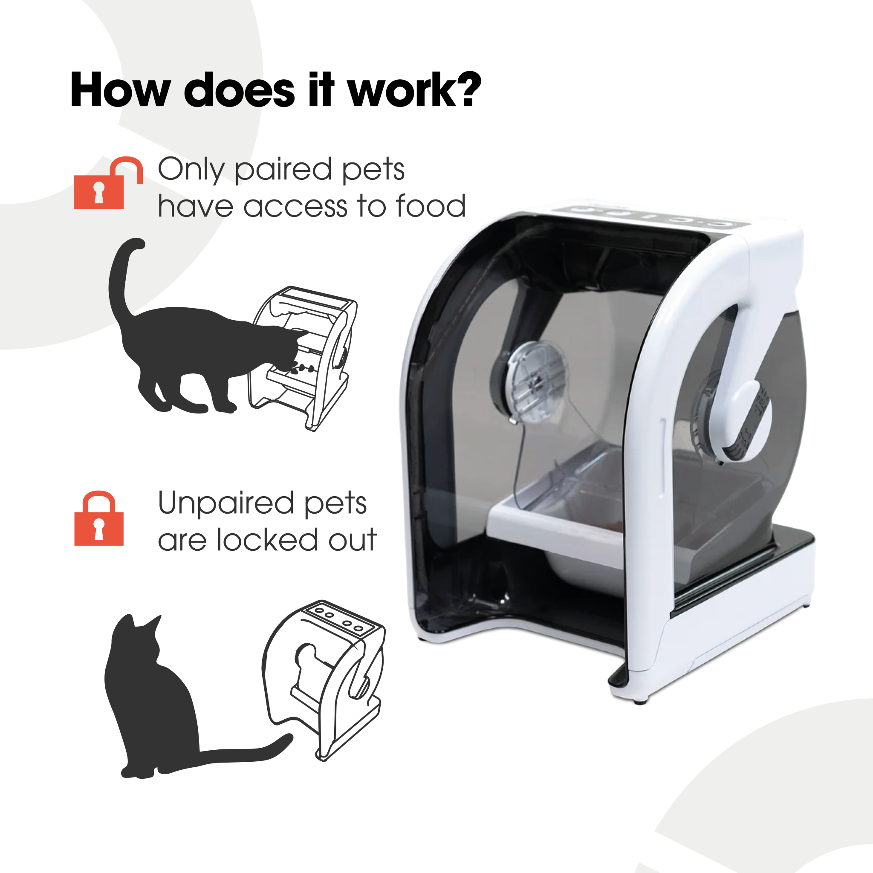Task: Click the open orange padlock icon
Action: click(x=108, y=182)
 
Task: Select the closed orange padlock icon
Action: click(x=99, y=518)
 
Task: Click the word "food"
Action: click(x=431, y=205)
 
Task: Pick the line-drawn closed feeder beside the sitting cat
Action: click(x=324, y=680)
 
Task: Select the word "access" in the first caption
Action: click(x=296, y=206)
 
